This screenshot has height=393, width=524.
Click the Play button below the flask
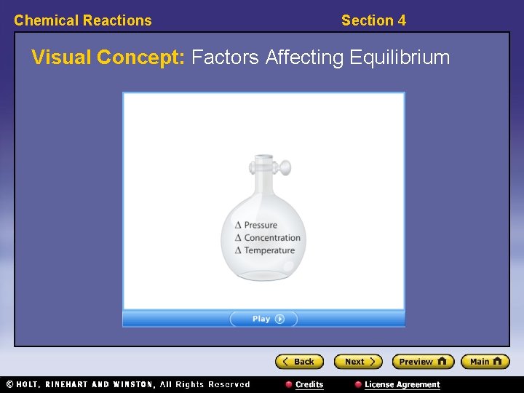pos(263,319)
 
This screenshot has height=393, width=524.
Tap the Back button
pos(298,362)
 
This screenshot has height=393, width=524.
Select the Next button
pos(357,362)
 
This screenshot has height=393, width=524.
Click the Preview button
pos(423,362)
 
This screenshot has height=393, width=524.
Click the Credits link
pos(309,384)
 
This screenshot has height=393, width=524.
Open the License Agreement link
pos(402,384)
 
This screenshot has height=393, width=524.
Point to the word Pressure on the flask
pos(261,225)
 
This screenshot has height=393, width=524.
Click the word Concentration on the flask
pos(272,238)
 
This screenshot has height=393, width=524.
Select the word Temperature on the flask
pos(269,250)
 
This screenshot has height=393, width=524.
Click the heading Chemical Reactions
pos(83,20)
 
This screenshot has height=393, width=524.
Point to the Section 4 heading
pos(373,20)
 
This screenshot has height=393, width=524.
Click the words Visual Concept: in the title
pos(108,57)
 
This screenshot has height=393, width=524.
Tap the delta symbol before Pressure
pos(238,226)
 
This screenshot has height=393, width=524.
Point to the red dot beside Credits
pos(289,384)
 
